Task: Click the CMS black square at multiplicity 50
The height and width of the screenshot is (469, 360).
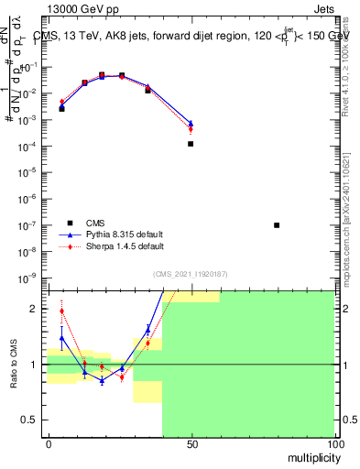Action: point(191,144)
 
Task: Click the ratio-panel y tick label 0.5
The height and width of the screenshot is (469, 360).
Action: point(32,420)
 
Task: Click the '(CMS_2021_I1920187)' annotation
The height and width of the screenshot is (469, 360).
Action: point(191,273)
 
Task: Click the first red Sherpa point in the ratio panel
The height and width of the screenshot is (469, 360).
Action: point(62,311)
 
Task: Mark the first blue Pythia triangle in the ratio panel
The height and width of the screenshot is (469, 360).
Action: point(62,338)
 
